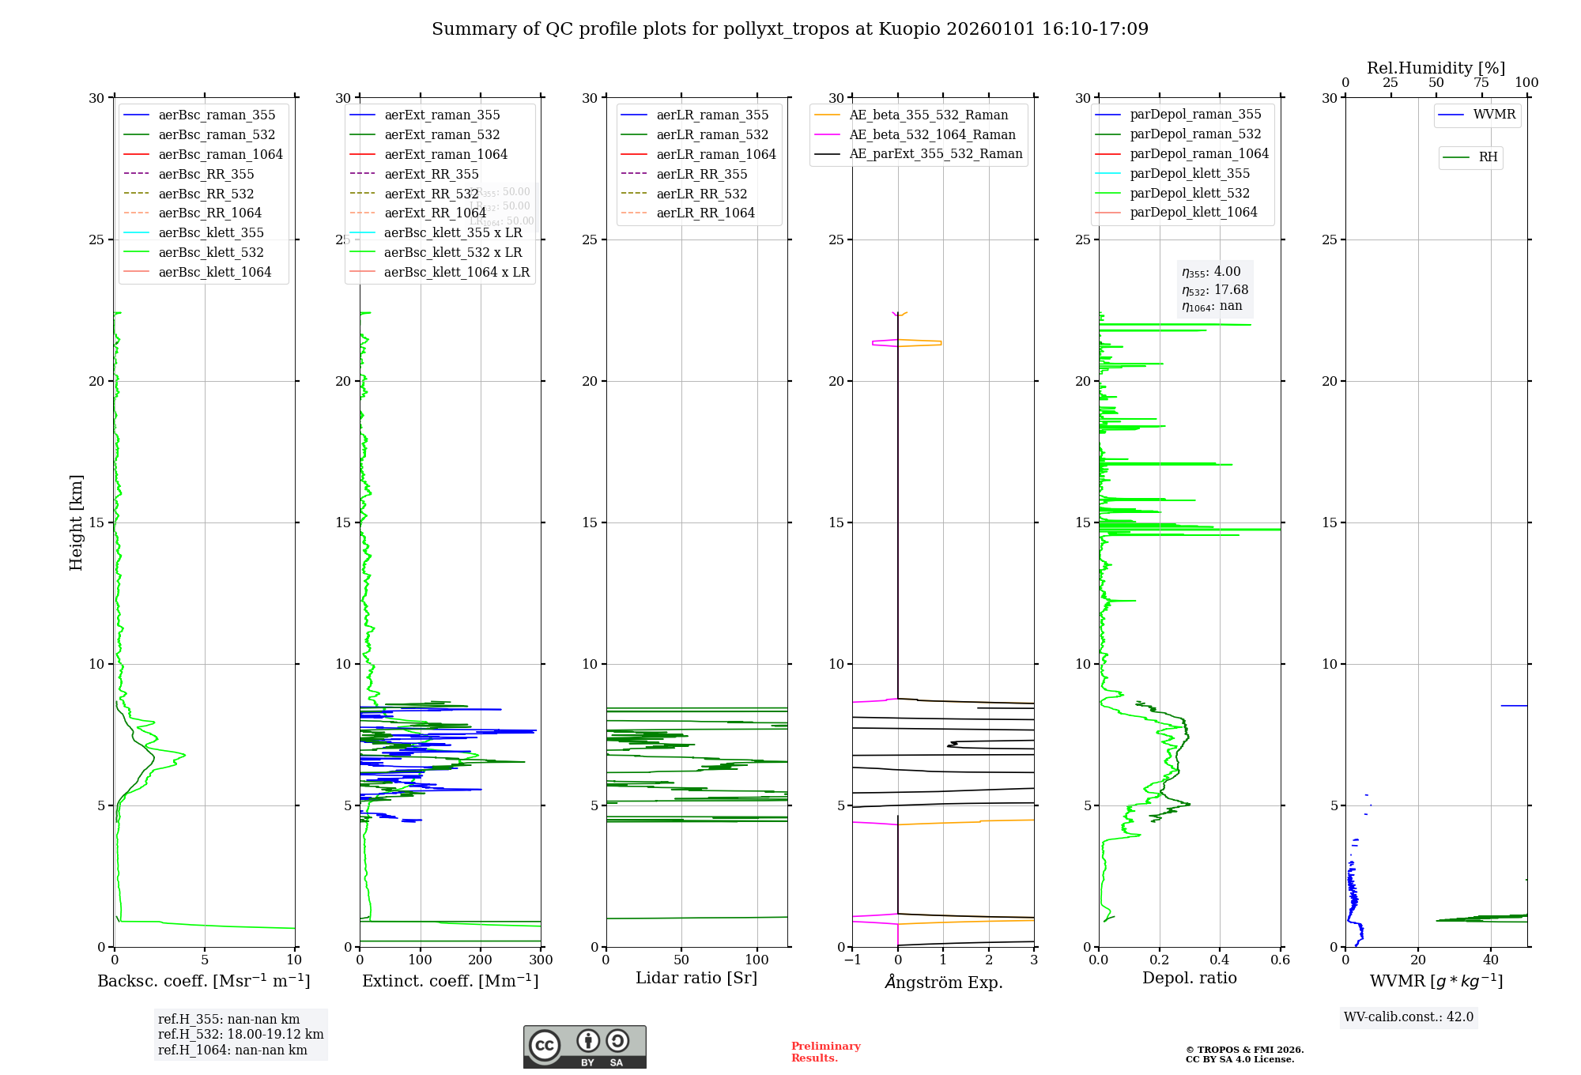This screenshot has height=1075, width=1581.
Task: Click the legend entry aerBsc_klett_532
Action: tap(210, 252)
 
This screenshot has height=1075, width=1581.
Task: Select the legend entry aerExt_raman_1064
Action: tap(446, 154)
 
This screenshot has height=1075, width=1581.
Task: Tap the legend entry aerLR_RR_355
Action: tap(701, 174)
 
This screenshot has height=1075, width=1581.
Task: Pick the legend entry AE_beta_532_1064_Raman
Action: tap(932, 134)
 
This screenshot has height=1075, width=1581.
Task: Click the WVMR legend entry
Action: tap(1493, 115)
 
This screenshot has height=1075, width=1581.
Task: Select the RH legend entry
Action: tap(1487, 157)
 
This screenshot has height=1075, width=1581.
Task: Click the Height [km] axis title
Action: tap(76, 522)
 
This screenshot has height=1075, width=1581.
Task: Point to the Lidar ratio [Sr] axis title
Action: tap(696, 978)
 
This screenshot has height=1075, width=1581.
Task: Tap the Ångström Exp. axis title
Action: tap(943, 982)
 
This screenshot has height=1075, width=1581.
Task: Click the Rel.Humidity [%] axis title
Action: tap(1436, 68)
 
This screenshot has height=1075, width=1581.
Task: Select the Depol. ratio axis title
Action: tap(1189, 978)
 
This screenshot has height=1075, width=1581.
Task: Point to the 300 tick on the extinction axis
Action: tap(541, 960)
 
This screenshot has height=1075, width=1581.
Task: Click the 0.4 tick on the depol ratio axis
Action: tap(1220, 960)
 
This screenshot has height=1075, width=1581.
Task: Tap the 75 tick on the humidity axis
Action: tap(1481, 83)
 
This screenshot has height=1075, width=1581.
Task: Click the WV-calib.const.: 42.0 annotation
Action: tap(1408, 1017)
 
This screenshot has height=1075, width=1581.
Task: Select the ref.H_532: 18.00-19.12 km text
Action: tap(240, 1034)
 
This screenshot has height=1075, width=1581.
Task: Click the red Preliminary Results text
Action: tap(825, 1052)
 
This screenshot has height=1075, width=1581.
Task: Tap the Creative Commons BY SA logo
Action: tap(584, 1047)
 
